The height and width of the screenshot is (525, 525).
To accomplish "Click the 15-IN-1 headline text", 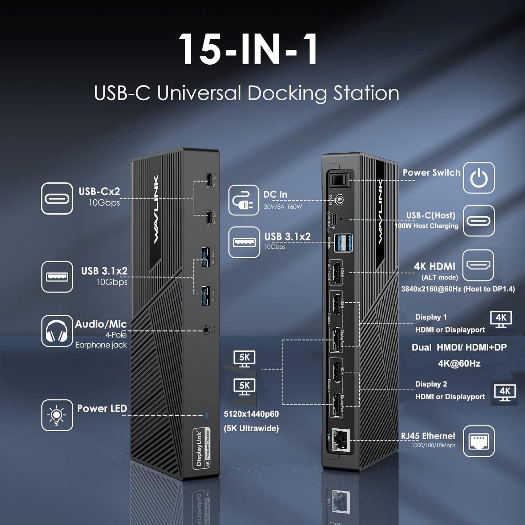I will [x=248, y=49].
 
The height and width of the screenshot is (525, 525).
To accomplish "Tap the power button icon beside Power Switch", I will [x=478, y=178].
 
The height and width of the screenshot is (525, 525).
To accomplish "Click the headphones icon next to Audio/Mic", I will [x=57, y=331].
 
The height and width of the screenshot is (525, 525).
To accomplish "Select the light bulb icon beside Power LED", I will [x=57, y=415].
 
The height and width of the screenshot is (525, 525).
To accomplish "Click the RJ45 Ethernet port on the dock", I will [x=341, y=440].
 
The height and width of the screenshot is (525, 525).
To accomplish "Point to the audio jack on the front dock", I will [x=207, y=330].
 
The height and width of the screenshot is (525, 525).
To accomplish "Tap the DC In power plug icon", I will [x=243, y=200].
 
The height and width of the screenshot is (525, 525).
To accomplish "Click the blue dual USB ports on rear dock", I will [x=344, y=243].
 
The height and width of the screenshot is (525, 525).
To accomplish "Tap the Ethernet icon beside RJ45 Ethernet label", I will [x=478, y=441].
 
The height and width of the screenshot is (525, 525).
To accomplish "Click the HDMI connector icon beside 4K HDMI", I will [x=478, y=265].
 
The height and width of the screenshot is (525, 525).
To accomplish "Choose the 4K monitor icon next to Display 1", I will [x=501, y=319].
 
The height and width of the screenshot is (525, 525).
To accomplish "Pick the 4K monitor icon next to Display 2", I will [x=505, y=392].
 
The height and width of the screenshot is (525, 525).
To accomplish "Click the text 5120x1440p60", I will [x=251, y=414].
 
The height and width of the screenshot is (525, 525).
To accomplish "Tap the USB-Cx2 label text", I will [x=99, y=191].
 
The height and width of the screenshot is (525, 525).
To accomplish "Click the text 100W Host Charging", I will [x=426, y=226].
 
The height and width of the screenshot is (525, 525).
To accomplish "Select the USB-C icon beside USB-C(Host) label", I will [x=478, y=221].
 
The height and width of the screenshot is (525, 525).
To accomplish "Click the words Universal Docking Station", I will [x=278, y=93].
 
